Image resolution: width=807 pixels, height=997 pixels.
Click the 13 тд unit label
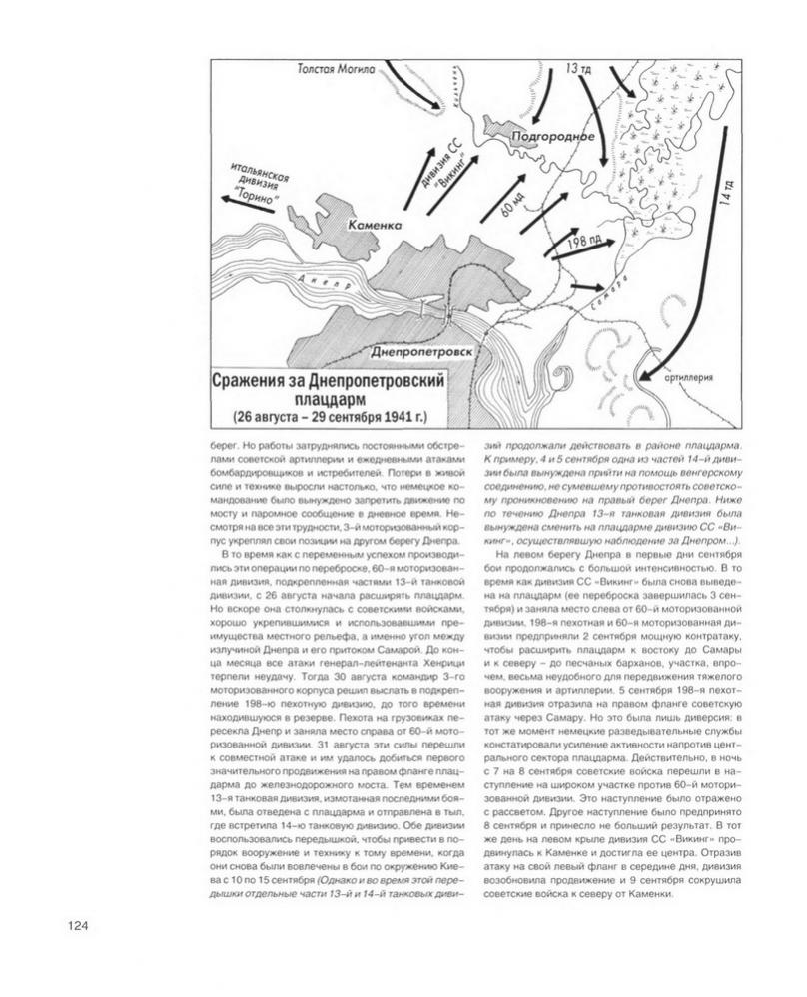pyautogui.click(x=579, y=71)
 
